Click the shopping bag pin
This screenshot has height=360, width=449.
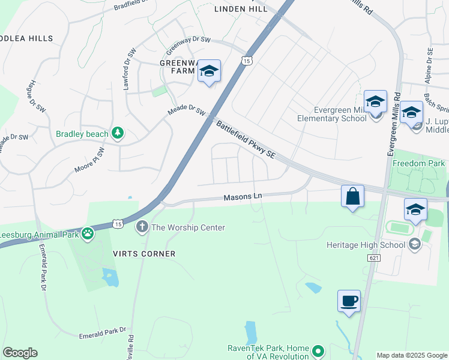[x=352, y=196]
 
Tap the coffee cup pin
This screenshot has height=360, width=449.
[x=349, y=301]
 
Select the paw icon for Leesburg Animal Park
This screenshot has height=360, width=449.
[x=88, y=233]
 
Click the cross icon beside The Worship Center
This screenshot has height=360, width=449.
[x=142, y=227]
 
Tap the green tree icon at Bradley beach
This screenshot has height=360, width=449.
[x=119, y=133]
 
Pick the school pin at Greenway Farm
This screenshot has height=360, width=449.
[x=208, y=71]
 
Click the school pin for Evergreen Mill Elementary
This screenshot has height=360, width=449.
[x=375, y=102]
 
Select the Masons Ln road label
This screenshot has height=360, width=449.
[x=243, y=197]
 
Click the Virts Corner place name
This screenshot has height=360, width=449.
[x=144, y=254]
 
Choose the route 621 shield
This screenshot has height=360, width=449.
[x=375, y=257]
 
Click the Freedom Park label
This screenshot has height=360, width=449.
[x=418, y=163]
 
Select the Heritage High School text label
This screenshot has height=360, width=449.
[x=365, y=245]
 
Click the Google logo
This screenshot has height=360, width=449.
[x=20, y=353]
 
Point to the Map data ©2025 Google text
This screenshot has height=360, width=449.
[x=411, y=355]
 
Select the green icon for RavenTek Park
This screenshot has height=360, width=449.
[x=319, y=350]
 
